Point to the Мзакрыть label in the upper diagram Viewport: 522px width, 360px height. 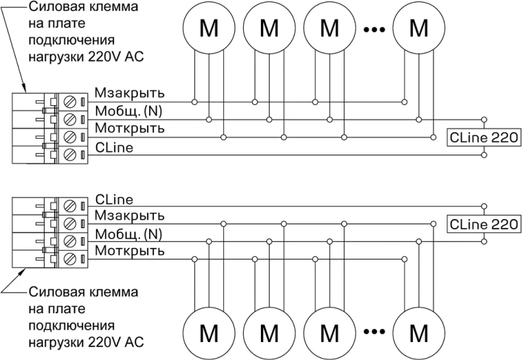point(130,93)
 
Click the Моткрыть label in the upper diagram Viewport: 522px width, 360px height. point(130,128)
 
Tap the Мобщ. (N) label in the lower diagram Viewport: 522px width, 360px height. point(128,234)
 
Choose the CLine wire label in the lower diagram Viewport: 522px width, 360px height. point(114,199)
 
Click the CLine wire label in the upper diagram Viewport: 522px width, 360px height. point(114,148)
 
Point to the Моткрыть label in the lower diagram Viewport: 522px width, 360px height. point(130,251)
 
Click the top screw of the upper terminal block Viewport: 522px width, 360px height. point(69,102)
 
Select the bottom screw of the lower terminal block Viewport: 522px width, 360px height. point(69,258)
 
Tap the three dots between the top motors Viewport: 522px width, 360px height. point(374,30)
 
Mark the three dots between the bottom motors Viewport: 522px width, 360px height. point(374,332)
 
